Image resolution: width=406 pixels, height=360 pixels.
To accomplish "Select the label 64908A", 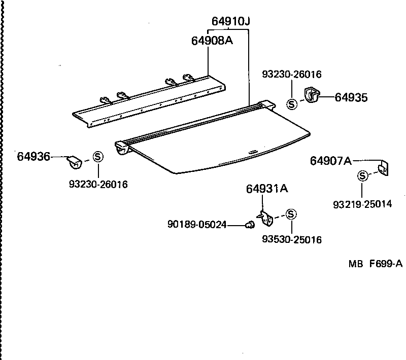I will (212, 41).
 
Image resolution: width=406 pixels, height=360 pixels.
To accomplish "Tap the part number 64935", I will (351, 97).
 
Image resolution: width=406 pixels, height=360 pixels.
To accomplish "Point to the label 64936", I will (33, 157).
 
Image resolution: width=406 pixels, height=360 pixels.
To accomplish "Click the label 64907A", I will (331, 161).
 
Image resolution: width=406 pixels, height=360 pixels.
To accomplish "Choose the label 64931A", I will (267, 189).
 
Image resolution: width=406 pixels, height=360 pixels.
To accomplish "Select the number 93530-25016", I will (292, 239).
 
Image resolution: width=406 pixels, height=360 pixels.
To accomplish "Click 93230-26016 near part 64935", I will (292, 75).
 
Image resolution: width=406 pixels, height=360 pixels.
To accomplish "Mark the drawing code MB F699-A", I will (375, 263).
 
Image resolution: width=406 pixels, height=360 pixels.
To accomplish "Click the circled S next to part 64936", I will (98, 157).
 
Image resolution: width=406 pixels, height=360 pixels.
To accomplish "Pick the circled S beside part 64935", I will (292, 104).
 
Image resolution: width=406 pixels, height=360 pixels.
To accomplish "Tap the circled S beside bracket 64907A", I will (362, 176).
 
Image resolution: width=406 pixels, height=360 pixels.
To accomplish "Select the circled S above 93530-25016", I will (291, 214).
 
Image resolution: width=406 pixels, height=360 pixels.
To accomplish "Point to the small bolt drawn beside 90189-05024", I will (249, 225).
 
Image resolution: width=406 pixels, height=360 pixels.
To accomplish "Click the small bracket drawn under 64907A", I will (384, 168).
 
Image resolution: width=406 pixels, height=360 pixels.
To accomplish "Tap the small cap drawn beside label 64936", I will (75, 162).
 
